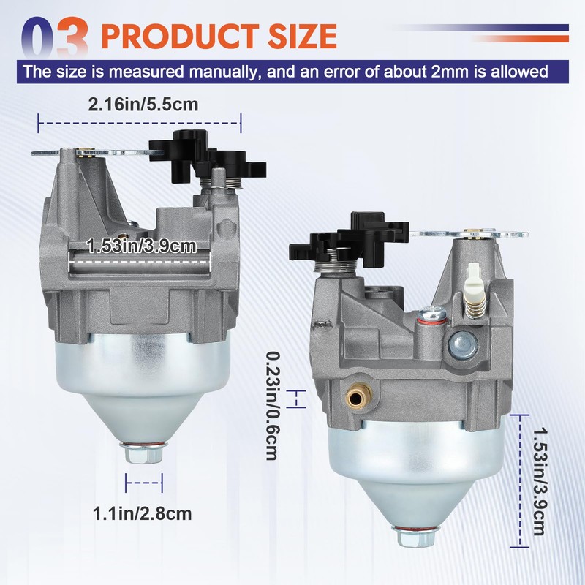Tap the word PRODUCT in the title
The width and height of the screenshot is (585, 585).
(x=181, y=36)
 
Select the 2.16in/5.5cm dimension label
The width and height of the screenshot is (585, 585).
(x=143, y=104)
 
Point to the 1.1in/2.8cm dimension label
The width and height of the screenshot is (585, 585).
(x=142, y=513)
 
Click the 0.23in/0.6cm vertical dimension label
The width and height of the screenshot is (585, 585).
(x=272, y=406)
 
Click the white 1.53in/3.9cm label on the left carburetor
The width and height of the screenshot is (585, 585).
(x=141, y=246)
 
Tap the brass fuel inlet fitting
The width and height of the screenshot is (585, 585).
(x=358, y=396)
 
